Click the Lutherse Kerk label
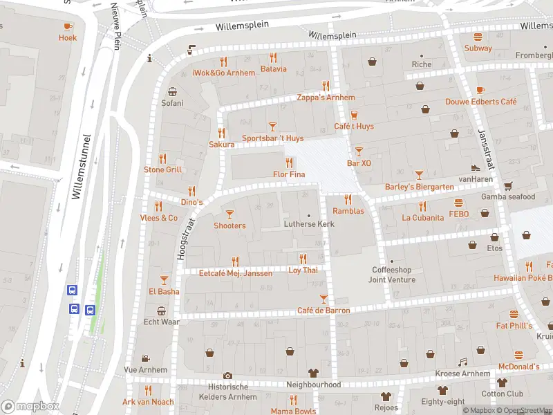click(309, 224)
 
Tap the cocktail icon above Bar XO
click(359, 151)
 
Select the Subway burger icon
click(478, 36)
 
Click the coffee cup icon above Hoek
click(68, 26)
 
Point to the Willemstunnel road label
click(82, 166)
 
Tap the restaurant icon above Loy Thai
click(303, 259)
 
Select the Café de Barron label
click(324, 311)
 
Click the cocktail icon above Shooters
click(229, 214)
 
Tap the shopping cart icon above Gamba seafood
click(508, 185)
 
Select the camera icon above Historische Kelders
click(228, 376)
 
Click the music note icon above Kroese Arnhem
click(463, 362)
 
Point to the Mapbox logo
click(30, 406)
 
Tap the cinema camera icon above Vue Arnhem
click(145, 358)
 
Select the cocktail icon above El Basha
click(164, 279)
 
